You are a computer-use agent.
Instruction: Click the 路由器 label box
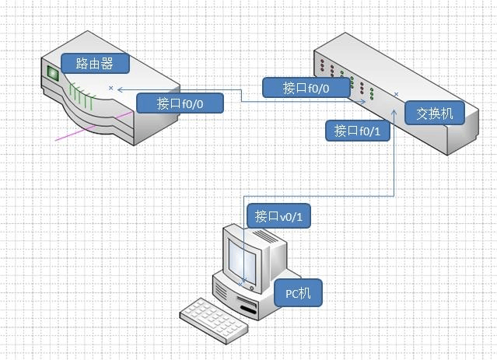click(x=93, y=62)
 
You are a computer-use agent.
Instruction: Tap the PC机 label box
click(x=298, y=293)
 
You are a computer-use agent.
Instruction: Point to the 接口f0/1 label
click(x=356, y=130)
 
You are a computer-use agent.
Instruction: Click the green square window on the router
click(x=54, y=75)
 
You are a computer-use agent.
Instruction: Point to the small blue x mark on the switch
click(x=397, y=95)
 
